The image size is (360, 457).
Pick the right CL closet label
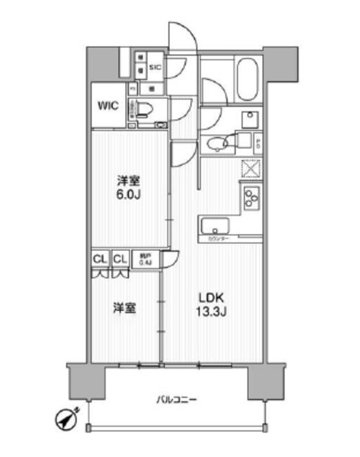tap(119, 260)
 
